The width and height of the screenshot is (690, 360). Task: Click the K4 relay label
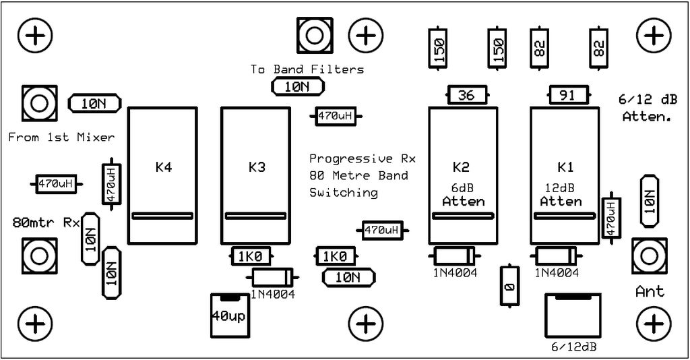163,167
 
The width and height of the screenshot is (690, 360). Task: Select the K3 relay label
257,167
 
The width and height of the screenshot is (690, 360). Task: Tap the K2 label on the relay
461,167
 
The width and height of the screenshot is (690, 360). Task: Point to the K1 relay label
565,167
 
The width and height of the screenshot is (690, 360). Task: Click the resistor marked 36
468,95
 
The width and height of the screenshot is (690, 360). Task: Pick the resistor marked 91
569,95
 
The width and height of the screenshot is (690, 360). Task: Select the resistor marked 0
509,286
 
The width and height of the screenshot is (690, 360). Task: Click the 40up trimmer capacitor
230,316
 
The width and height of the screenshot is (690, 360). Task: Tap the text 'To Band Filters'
307,69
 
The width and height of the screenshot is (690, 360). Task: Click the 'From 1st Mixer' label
61,138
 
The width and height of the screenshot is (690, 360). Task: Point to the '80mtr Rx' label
46,222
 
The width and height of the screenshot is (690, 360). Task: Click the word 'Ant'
650,291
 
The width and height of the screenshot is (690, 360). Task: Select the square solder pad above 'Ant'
650,256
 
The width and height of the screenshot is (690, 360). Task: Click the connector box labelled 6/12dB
573,316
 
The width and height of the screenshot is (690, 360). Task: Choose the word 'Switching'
344,193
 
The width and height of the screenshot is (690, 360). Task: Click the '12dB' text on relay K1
560,188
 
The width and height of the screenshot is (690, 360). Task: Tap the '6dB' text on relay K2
462,188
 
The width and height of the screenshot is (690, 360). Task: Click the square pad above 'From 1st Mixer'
40,103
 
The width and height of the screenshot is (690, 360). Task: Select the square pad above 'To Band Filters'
315,35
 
